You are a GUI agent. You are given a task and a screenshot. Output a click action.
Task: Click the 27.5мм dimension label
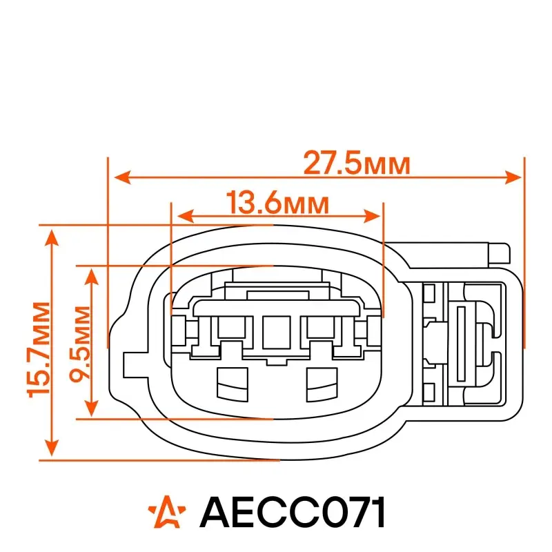(x=357, y=163)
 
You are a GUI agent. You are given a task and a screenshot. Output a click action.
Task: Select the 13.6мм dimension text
(x=277, y=202)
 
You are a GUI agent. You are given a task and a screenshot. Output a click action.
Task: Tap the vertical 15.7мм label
(x=39, y=350)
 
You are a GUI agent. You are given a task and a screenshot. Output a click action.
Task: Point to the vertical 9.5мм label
(x=79, y=344)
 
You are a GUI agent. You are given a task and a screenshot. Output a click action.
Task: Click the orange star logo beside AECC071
(x=167, y=511)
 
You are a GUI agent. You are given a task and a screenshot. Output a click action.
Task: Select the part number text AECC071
(x=292, y=512)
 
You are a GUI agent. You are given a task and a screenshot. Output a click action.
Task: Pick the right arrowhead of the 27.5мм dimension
(x=513, y=177)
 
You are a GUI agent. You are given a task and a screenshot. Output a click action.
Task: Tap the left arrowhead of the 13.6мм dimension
(x=186, y=216)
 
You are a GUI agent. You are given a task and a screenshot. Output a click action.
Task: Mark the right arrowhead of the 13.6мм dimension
(x=372, y=216)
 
